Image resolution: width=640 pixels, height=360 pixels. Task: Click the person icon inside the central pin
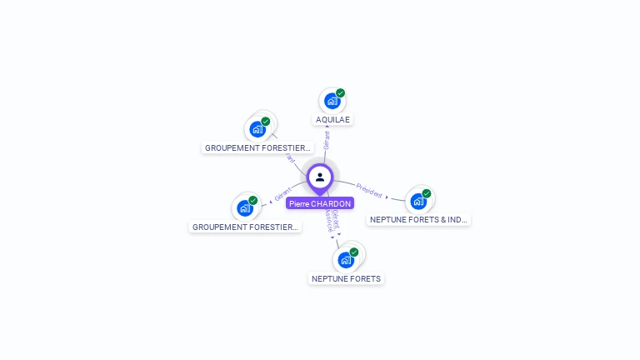[320, 177]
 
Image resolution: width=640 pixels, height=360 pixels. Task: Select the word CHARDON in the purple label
[331, 203]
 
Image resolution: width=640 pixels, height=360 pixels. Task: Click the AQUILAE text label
[333, 119]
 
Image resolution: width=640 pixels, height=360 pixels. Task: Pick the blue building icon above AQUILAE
[332, 101]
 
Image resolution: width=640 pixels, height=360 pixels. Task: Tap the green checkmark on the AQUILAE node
[341, 93]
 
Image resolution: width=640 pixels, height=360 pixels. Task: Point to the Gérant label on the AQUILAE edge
[327, 139]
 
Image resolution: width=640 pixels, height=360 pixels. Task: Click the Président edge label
[368, 189]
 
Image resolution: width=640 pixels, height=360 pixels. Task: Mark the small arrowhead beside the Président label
[387, 197]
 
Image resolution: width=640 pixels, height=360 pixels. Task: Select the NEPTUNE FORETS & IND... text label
[418, 220]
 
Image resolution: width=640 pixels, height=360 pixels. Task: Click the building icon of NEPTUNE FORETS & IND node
[418, 201]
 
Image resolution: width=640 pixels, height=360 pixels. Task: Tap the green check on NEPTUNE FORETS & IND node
[427, 193]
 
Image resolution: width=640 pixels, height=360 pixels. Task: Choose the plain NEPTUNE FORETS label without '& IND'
[346, 278]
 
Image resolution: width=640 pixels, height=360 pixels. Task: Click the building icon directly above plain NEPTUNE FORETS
[346, 259]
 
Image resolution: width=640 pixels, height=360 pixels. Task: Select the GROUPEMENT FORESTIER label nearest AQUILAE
[258, 148]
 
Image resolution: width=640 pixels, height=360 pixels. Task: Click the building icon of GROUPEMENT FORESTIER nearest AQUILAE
[257, 129]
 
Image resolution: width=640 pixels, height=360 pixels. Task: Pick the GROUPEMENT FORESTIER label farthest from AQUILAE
[245, 227]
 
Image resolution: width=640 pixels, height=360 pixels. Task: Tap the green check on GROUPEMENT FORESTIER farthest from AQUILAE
[253, 200]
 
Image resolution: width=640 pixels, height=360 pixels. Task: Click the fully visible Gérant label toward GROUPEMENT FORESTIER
[283, 197]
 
